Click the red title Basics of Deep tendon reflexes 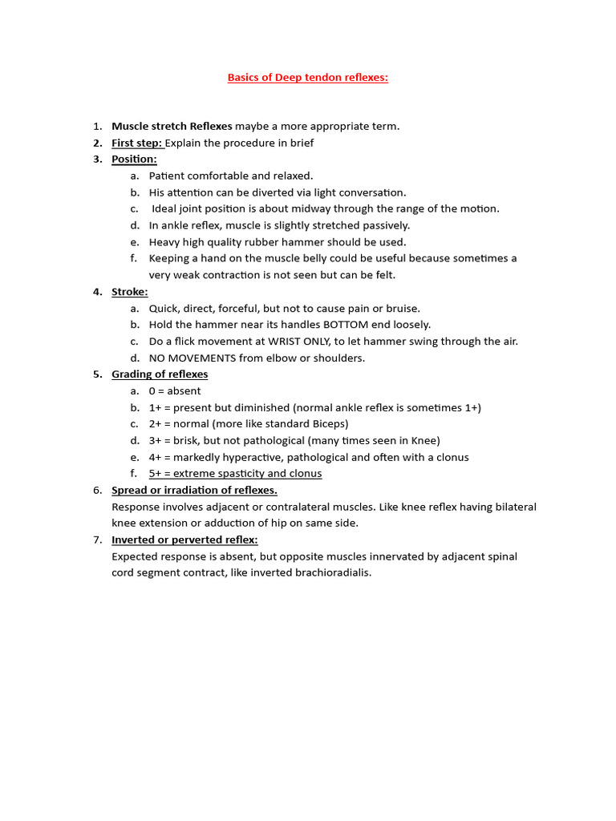[307, 78]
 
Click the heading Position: [134, 159]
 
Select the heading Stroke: [129, 292]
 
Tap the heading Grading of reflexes [160, 374]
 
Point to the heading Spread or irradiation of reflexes [194, 490]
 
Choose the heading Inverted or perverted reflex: [184, 540]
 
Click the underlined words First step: [137, 143]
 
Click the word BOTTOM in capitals [346, 325]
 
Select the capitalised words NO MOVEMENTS [192, 358]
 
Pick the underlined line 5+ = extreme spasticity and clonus [235, 474]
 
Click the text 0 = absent [175, 391]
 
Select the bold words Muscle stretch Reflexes [172, 126]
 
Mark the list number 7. [96, 540]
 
